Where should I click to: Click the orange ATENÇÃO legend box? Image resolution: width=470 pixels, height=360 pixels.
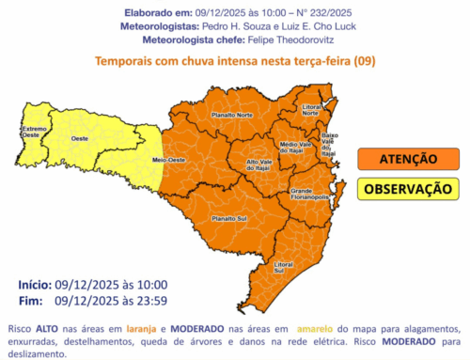point(407,160)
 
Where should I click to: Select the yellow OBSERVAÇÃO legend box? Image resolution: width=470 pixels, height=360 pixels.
point(407,189)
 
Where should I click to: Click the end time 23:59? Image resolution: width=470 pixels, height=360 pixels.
point(150,302)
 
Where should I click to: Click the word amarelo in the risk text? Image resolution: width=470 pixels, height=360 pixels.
point(315,330)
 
